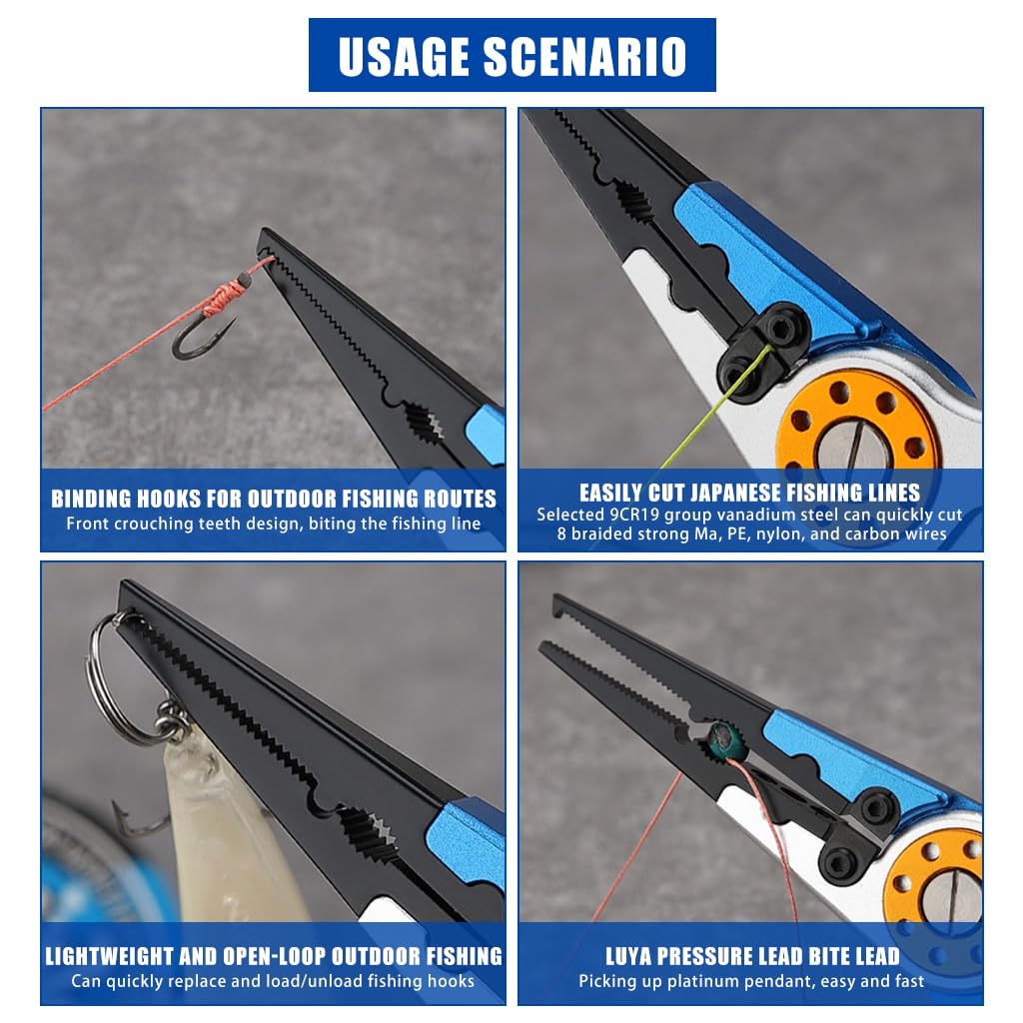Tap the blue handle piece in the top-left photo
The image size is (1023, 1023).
point(485,431)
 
